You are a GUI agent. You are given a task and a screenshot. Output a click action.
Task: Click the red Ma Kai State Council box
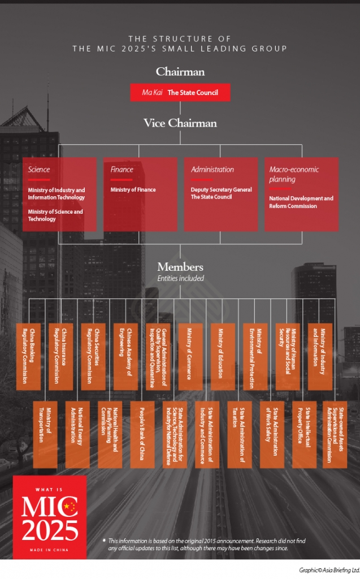pos(180,92)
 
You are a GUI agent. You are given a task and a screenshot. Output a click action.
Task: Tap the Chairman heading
pos(180,72)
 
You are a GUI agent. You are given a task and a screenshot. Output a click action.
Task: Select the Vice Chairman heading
pos(180,123)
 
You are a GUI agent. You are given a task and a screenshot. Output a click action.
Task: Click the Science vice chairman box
pos(59,194)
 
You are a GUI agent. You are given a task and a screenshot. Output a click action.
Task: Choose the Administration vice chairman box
pos(220,194)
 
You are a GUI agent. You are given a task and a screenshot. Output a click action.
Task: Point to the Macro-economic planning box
pos(301,194)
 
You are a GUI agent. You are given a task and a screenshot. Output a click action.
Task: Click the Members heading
pos(180,267)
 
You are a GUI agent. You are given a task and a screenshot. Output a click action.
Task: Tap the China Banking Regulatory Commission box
pos(29,356)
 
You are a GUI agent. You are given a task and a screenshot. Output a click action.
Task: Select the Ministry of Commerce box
pos(190,356)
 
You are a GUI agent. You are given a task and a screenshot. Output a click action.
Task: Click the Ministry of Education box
pos(223,356)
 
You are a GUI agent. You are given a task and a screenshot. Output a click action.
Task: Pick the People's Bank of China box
pos(142,434)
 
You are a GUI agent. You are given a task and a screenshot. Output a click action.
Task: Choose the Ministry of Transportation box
pos(45,434)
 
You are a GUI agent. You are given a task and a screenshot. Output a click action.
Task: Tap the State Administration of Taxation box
pos(238,434)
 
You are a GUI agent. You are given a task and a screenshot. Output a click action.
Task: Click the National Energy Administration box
pos(77,434)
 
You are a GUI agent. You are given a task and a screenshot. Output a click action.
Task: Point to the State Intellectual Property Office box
pos(303,434)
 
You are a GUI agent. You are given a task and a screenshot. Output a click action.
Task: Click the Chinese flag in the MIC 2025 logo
pos(70,507)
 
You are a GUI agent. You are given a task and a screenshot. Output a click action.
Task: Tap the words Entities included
pos(180,278)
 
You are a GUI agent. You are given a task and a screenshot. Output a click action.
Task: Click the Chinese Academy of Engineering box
pos(125,356)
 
